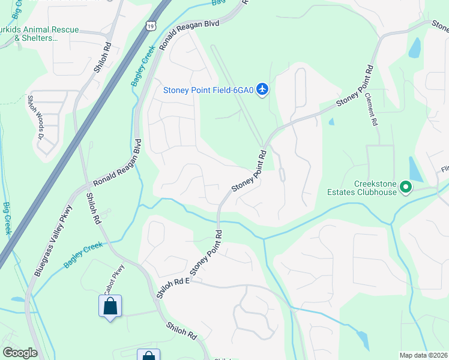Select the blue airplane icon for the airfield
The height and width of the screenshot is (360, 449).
pos(262,89)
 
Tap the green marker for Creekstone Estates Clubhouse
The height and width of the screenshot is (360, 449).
pos(406,188)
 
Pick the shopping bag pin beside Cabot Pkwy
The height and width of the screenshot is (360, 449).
pos(110,307)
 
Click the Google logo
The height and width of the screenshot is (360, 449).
pos(20,353)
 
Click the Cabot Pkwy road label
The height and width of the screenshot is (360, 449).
pos(114,278)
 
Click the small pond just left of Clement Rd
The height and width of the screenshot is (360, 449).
pos(331,122)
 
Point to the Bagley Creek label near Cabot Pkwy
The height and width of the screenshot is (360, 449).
pos(85,254)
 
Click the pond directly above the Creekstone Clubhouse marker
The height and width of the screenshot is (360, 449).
pos(415,169)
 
